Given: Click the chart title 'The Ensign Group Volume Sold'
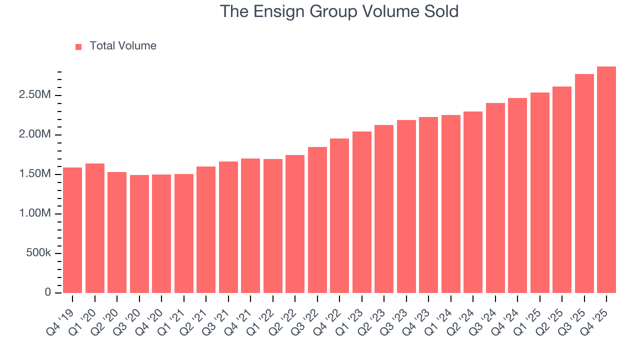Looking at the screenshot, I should click(339, 11).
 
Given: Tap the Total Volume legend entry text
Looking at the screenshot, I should click(123, 46).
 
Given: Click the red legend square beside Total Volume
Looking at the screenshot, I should click(78, 46).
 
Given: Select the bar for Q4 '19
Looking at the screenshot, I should click(72, 230).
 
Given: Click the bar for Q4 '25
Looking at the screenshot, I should click(606, 180).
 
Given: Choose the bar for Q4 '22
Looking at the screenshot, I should click(339, 215).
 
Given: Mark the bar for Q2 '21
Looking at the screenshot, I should click(206, 229).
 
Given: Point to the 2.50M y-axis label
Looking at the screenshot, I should click(35, 95).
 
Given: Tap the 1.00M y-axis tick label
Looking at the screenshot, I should click(35, 213).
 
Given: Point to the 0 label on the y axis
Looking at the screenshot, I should click(48, 292).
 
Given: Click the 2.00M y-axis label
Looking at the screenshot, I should click(35, 134).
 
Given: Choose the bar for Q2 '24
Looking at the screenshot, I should click(473, 202).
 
